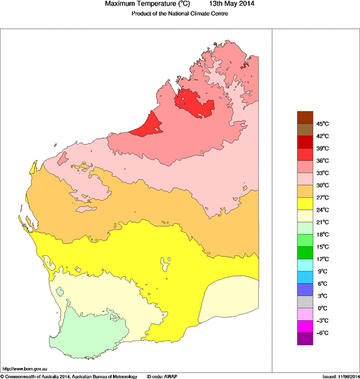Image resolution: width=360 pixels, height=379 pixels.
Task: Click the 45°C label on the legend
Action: [x=321, y=124]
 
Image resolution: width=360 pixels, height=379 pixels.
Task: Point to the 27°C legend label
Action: [x=321, y=197]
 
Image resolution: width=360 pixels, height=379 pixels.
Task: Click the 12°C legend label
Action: [x=321, y=259]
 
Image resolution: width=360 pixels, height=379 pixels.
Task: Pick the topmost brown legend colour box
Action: [x=304, y=117]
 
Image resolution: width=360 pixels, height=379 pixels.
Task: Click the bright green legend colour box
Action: [x=304, y=252]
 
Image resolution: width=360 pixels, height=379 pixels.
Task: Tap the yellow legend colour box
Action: [x=304, y=204]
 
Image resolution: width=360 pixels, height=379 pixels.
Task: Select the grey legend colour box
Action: [x=304, y=302]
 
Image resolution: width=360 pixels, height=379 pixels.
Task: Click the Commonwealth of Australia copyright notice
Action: [x=68, y=376]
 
